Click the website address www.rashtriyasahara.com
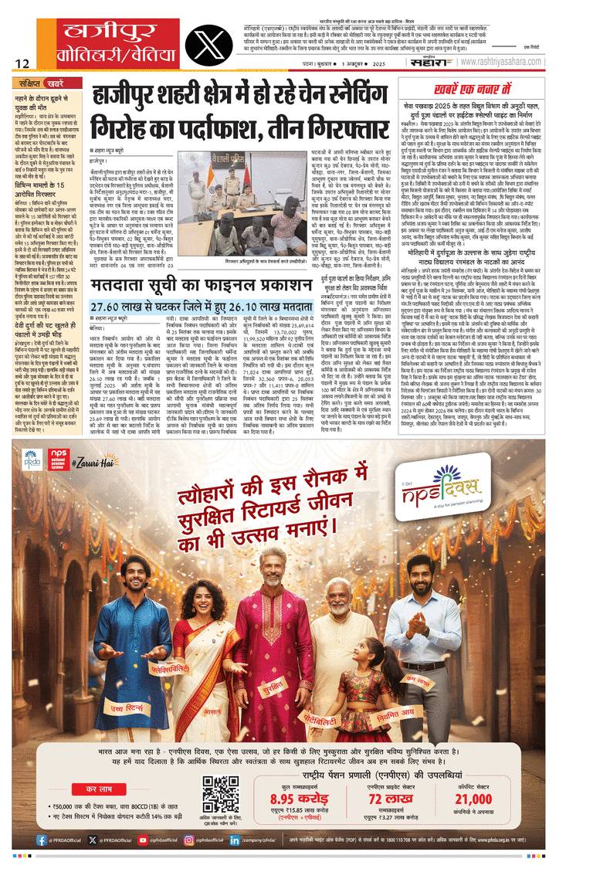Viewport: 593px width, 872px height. tap(534, 56)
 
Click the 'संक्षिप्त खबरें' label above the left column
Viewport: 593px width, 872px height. tap(44, 81)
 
